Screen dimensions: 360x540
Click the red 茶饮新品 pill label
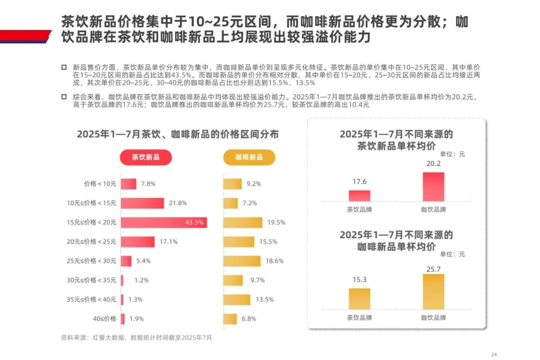coord(145,157)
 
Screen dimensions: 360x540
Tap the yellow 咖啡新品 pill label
coord(249,157)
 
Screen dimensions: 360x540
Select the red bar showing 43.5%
coord(163,222)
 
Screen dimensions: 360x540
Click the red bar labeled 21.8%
coord(142,203)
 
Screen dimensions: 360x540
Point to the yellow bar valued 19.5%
coord(242,222)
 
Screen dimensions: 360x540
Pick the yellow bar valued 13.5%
coord(236,299)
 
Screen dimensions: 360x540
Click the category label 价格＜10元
coord(100,184)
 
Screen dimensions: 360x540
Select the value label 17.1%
coord(168,242)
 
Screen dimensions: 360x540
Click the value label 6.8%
coord(249,318)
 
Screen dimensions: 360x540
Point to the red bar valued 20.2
coord(433,186)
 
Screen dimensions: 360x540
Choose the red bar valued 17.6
coord(359,195)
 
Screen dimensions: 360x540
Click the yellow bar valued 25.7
coord(433,291)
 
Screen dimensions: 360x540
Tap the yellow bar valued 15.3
coord(359,298)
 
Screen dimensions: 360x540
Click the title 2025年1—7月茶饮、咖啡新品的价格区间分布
coord(177,134)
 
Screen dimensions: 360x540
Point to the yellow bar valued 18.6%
coord(242,261)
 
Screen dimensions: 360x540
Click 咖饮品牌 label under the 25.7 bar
coord(433,317)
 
